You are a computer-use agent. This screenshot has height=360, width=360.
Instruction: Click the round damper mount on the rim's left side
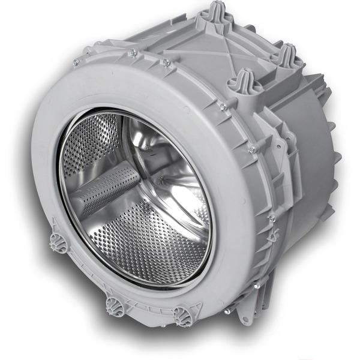point(58,242)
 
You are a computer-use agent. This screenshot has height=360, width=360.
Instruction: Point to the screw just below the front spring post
point(223,107)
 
